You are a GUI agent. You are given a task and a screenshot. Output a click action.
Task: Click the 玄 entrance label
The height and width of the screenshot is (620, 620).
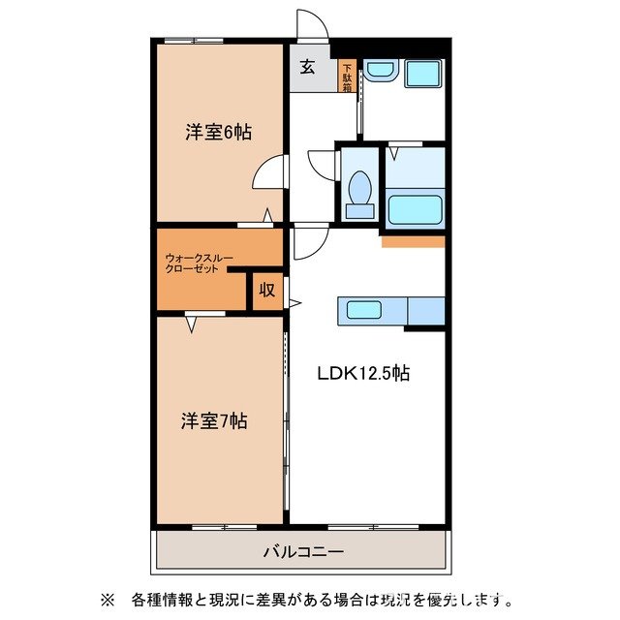[307, 67]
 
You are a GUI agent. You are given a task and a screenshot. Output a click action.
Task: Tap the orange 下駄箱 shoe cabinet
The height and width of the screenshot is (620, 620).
[346, 77]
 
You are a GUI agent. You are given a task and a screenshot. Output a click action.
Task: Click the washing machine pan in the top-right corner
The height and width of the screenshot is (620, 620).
[421, 74]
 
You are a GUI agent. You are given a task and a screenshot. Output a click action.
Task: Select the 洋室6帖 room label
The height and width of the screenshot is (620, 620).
[219, 133]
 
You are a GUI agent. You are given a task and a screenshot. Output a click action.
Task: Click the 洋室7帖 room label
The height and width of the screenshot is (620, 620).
[214, 421]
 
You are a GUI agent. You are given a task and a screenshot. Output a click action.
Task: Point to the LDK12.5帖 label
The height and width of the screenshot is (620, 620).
[364, 373]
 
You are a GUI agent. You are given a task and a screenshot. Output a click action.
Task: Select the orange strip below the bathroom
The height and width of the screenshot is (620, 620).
[413, 241]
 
